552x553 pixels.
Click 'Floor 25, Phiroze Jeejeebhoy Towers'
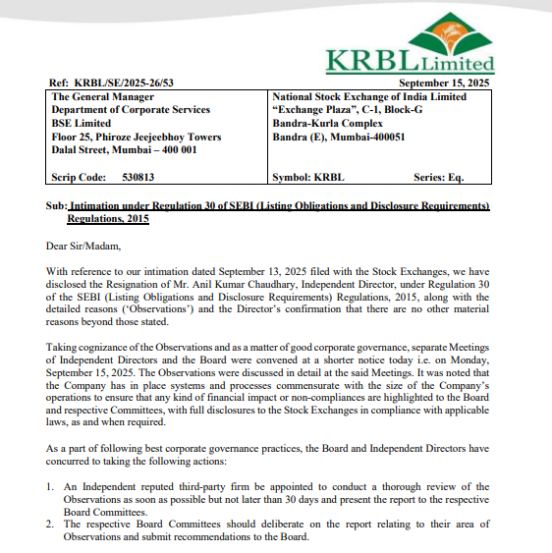click(137, 137)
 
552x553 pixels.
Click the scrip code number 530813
click(138, 178)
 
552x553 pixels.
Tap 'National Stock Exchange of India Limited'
click(368, 97)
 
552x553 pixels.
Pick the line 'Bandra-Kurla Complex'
click(325, 124)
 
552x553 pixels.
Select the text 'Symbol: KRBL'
click(307, 178)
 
